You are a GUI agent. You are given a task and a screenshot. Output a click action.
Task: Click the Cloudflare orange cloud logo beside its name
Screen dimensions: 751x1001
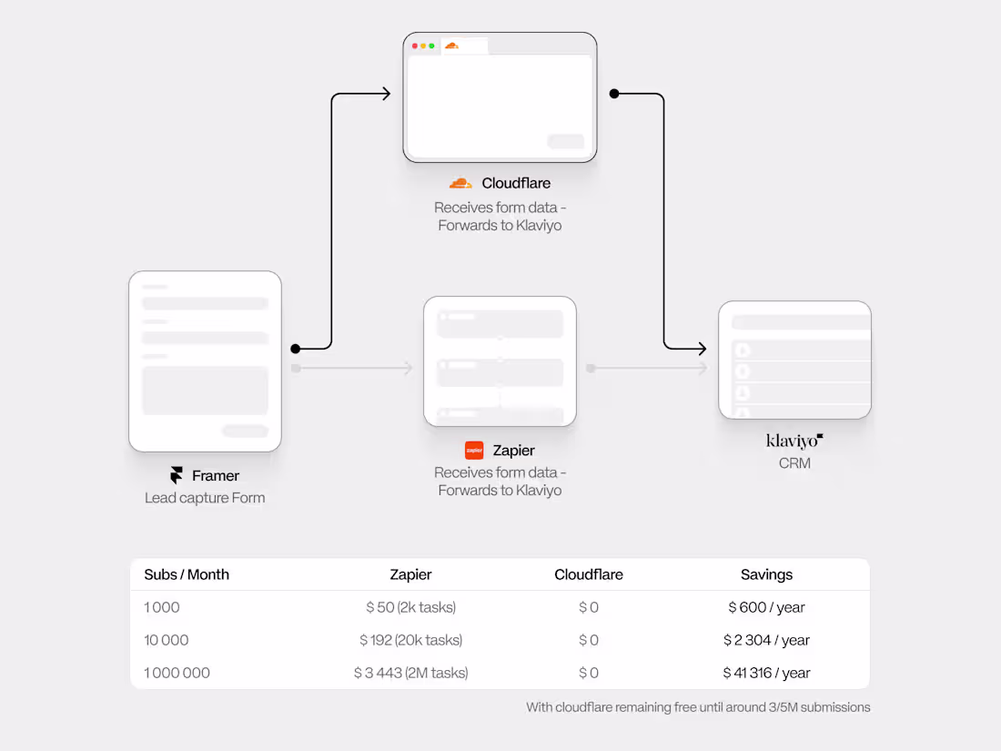click(x=460, y=183)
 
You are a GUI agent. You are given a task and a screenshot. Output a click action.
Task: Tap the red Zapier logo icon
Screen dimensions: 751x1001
click(x=474, y=450)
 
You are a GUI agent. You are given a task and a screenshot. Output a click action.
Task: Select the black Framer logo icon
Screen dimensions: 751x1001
click(x=177, y=475)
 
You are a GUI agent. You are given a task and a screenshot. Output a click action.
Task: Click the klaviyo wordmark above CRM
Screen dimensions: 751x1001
click(x=794, y=441)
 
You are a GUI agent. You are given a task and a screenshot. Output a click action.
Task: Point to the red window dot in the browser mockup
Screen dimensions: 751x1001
click(x=415, y=46)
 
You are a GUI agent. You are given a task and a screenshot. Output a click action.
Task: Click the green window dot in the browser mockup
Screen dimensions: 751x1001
click(x=431, y=46)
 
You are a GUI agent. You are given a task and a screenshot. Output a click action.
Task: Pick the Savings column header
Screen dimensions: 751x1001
click(x=766, y=574)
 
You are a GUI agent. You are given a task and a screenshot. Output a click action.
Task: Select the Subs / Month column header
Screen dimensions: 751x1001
click(x=187, y=574)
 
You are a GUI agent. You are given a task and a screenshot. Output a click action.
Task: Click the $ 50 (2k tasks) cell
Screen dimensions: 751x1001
click(x=410, y=607)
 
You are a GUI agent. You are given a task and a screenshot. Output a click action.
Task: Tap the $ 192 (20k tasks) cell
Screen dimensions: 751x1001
click(x=410, y=640)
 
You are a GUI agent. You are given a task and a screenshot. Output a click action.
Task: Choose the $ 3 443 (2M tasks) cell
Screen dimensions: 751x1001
click(x=410, y=673)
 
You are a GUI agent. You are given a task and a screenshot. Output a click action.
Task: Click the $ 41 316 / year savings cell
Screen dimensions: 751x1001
click(x=766, y=673)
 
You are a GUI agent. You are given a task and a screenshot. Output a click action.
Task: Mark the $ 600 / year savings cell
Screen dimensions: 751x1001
click(x=766, y=607)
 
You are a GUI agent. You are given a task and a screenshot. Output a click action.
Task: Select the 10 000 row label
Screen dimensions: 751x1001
click(x=167, y=640)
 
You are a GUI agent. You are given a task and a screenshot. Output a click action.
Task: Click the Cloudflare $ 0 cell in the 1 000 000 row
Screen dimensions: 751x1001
click(x=589, y=673)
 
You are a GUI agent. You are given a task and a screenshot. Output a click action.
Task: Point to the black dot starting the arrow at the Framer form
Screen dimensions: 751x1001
click(x=295, y=348)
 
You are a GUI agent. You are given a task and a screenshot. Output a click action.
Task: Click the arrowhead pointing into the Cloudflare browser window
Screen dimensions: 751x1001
click(x=386, y=93)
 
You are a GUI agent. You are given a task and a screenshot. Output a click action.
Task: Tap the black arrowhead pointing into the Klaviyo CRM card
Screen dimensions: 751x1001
click(x=702, y=348)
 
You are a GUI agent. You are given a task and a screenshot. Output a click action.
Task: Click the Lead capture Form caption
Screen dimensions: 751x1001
click(x=205, y=498)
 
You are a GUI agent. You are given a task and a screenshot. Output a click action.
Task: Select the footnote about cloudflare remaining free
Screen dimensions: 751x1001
click(x=698, y=706)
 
